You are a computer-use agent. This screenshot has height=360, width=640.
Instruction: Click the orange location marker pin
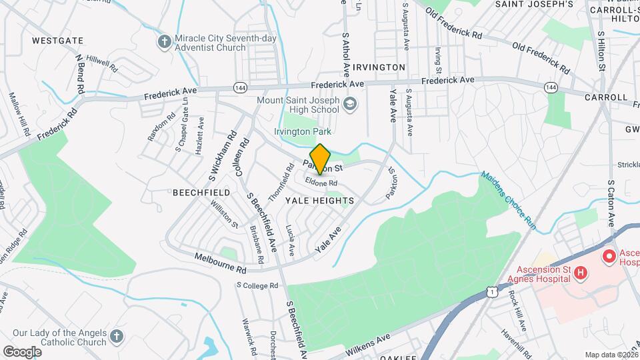coord(321,159)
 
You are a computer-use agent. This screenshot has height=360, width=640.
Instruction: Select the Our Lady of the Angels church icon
coord(117,337)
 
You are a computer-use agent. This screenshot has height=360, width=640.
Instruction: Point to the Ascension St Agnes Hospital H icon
coord(581,273)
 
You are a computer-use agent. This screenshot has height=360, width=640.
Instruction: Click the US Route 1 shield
coord(491,292)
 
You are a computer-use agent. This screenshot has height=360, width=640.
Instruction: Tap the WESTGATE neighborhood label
coord(53,41)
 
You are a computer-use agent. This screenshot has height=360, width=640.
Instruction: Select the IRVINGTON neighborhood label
coord(379,67)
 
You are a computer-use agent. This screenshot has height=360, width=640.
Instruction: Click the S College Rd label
coord(257,285)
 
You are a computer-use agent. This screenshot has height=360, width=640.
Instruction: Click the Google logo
coord(22,351)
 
